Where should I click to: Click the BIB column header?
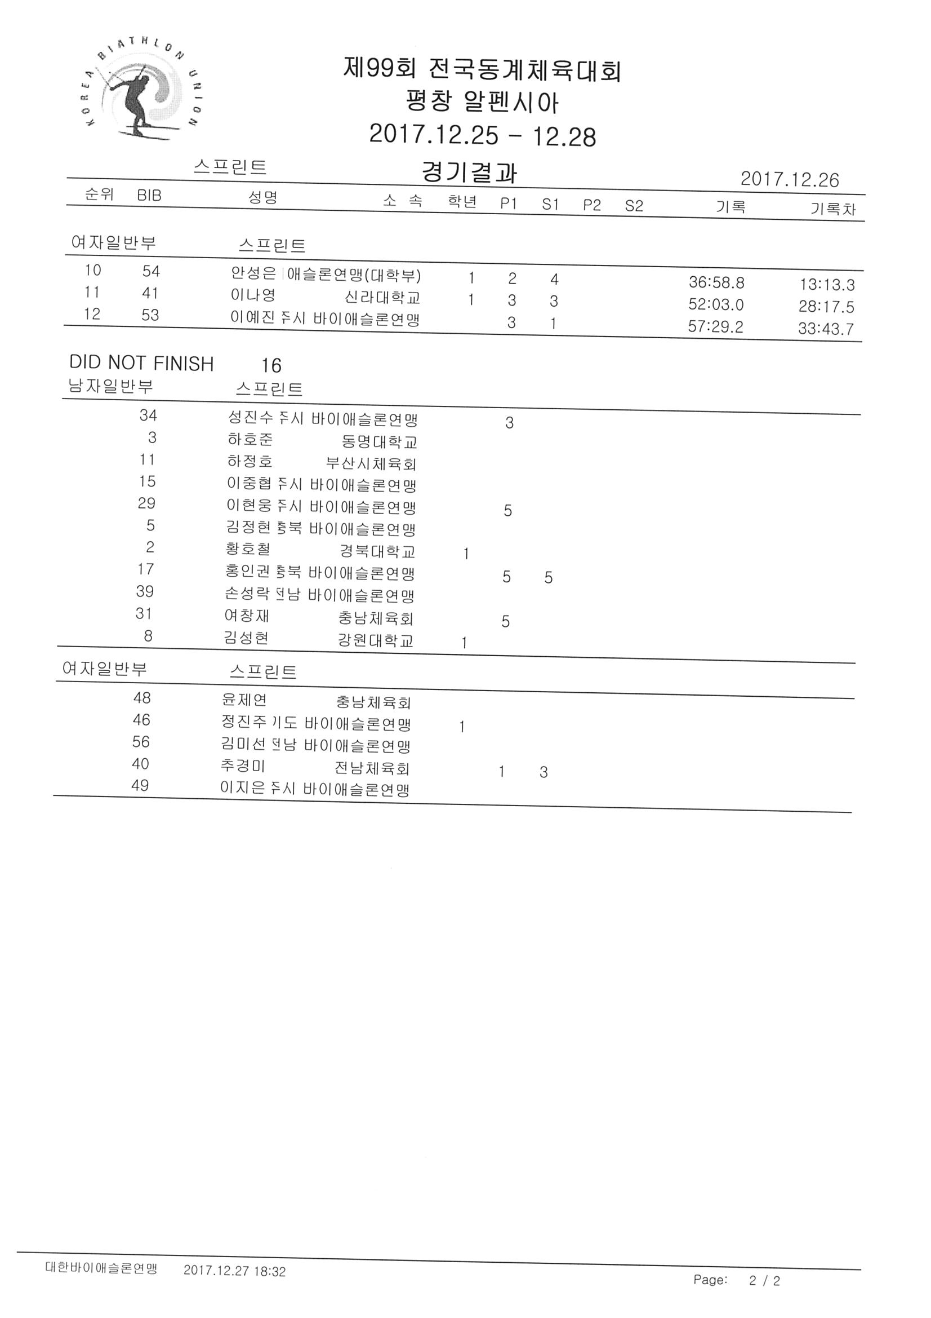click(x=149, y=195)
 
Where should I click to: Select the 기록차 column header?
click(x=833, y=209)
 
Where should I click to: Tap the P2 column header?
click(x=592, y=205)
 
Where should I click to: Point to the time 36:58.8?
click(x=716, y=282)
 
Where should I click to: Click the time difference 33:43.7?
click(x=826, y=329)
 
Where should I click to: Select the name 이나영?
click(x=253, y=295)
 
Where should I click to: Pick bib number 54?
click(x=151, y=271)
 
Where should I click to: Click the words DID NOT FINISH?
click(x=141, y=364)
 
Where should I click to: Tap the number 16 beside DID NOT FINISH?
click(x=271, y=366)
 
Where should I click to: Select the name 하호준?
click(x=250, y=440)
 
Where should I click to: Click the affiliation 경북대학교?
click(x=377, y=552)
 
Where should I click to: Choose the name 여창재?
click(x=247, y=616)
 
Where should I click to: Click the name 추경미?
click(x=243, y=766)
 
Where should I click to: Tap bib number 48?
click(x=142, y=698)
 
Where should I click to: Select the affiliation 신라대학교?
click(x=382, y=297)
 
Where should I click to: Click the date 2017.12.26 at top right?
click(x=789, y=179)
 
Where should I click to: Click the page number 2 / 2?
click(x=764, y=1281)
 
